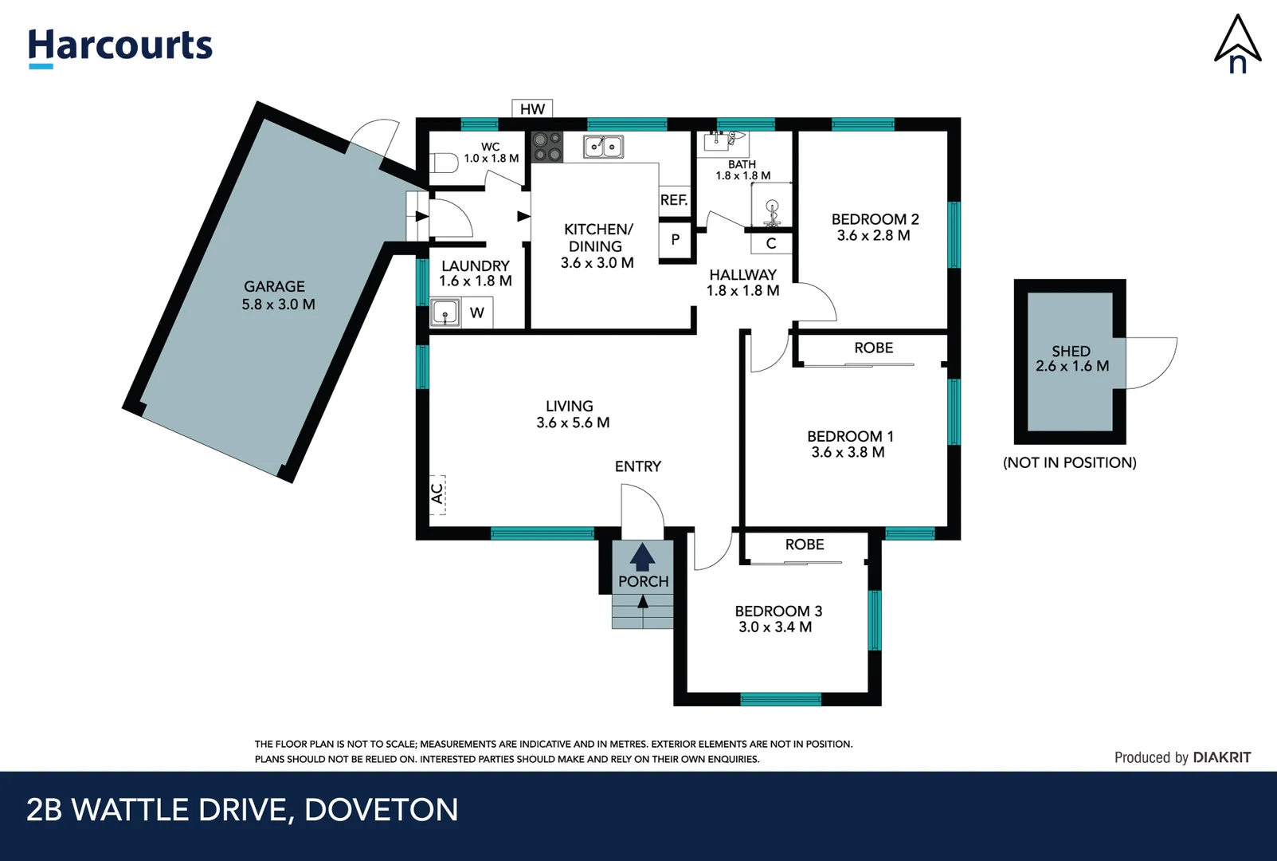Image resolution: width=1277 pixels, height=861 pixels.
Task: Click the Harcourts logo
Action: (x=120, y=46)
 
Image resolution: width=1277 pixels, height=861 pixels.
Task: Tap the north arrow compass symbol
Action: (x=1236, y=45)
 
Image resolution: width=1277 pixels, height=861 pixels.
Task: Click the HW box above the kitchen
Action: (x=532, y=108)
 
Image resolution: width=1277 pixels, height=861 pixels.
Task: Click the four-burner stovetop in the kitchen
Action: (x=547, y=147)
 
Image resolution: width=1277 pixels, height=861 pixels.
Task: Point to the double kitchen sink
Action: (x=603, y=147)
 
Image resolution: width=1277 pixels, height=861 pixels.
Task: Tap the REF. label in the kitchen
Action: (x=674, y=200)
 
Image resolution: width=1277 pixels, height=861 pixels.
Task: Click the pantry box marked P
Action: (x=676, y=239)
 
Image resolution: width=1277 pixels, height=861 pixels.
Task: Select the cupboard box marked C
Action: (x=771, y=243)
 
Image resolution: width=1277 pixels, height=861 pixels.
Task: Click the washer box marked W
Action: (x=477, y=313)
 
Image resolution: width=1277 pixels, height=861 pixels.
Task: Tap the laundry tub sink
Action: (x=445, y=313)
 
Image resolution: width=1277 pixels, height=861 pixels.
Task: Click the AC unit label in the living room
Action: (x=437, y=493)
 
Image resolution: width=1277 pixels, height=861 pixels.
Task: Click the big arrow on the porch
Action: (x=642, y=557)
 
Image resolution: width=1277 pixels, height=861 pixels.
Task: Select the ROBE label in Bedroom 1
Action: (x=873, y=348)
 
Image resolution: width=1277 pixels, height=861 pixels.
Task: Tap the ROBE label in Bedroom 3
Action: (x=805, y=545)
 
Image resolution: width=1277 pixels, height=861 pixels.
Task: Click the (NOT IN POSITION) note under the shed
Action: (x=1069, y=462)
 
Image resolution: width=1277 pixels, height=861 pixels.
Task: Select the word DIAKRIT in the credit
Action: (x=1221, y=757)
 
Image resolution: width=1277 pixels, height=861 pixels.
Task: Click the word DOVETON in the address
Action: (x=381, y=810)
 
